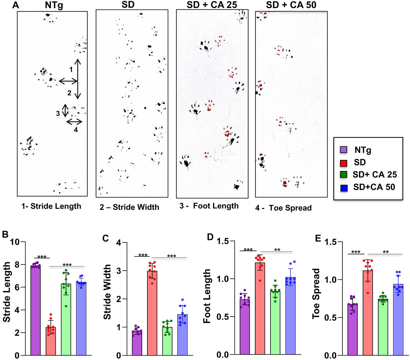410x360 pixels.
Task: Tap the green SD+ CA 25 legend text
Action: pos(374,175)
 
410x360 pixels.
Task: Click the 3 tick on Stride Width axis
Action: pos(123,271)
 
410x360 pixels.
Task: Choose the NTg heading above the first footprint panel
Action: pos(54,5)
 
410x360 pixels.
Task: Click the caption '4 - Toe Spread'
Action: pos(283,208)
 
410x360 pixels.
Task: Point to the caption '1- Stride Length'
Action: pos(51,206)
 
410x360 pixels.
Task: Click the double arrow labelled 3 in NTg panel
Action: pos(65,110)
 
